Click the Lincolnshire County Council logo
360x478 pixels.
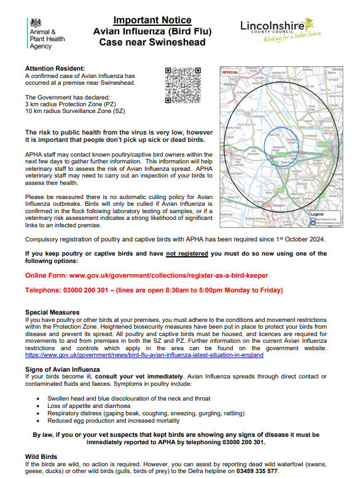click(x=281, y=32)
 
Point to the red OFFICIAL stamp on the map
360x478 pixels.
click(x=230, y=72)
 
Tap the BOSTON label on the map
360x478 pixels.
click(x=324, y=144)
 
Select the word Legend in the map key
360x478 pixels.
click(x=316, y=213)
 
